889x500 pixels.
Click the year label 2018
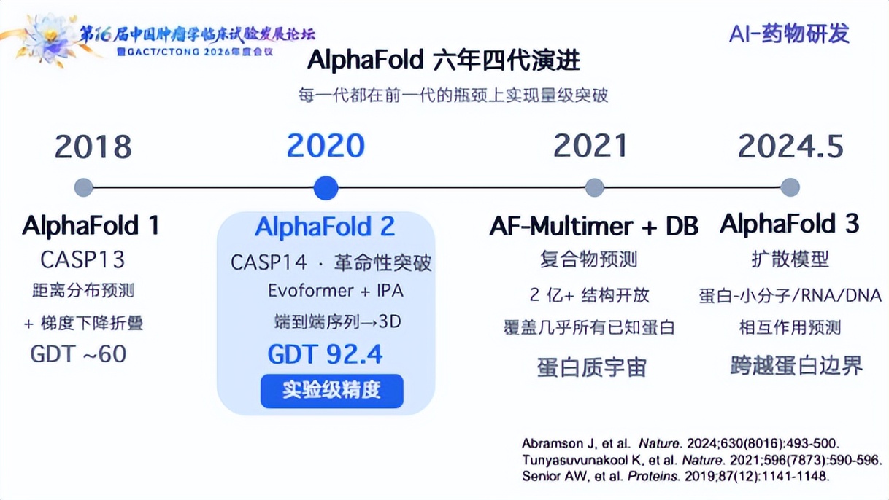pyautogui.click(x=93, y=147)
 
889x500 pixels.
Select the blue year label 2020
pyautogui.click(x=326, y=146)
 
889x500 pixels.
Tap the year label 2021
pyautogui.click(x=590, y=146)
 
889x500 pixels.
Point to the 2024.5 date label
pyautogui.click(x=790, y=147)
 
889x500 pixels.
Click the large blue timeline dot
pyautogui.click(x=326, y=188)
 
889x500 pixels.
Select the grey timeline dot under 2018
pyautogui.click(x=84, y=187)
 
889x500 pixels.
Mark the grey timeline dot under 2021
pyautogui.click(x=595, y=187)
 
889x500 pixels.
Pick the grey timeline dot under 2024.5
pyautogui.click(x=790, y=187)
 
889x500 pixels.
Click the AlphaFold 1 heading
pyautogui.click(x=91, y=225)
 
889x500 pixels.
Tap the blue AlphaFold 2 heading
pyautogui.click(x=325, y=227)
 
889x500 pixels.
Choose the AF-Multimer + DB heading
pyautogui.click(x=593, y=226)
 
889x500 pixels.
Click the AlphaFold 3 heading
pyautogui.click(x=790, y=224)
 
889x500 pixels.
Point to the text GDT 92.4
pyautogui.click(x=325, y=354)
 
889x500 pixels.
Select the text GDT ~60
pyautogui.click(x=79, y=353)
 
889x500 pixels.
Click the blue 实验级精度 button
pyautogui.click(x=332, y=391)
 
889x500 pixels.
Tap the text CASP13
pyautogui.click(x=82, y=260)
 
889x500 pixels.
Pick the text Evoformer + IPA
pyautogui.click(x=336, y=291)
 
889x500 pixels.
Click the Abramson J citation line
pyautogui.click(x=680, y=443)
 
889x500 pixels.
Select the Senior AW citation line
pyautogui.click(x=675, y=476)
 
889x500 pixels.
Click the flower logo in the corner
pyautogui.click(x=50, y=39)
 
